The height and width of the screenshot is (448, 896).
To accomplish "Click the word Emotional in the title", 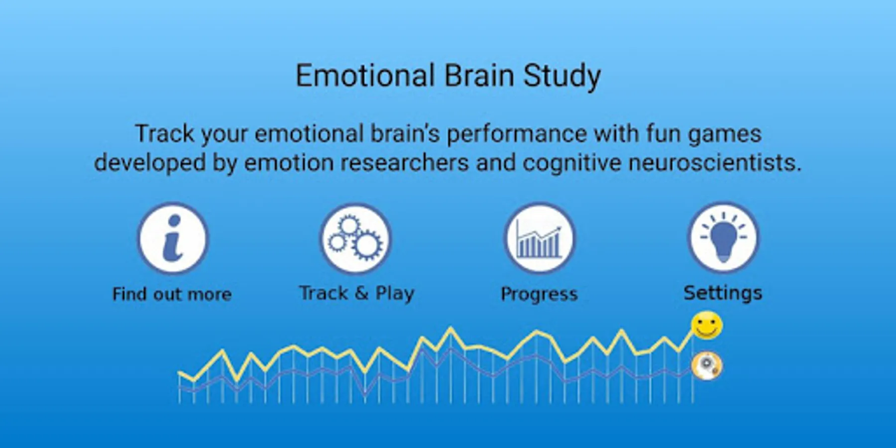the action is tap(365, 76).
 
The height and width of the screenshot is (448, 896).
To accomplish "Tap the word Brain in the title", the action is tap(479, 76).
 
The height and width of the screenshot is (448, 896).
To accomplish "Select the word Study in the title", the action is tap(562, 77).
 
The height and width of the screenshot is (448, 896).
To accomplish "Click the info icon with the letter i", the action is tap(172, 238).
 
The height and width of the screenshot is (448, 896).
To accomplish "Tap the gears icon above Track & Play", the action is tap(355, 238).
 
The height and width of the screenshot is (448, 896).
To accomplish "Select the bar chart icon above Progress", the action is tap(539, 238).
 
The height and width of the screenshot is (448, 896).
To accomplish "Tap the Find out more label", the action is tap(172, 294).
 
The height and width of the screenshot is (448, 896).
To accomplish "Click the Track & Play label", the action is tap(356, 293).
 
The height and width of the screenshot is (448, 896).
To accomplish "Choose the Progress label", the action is tap(539, 294).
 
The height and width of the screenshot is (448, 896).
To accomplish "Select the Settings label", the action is tap(723, 293).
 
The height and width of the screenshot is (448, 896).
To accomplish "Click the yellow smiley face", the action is tap(706, 326).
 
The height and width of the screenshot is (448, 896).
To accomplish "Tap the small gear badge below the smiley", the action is tap(707, 366).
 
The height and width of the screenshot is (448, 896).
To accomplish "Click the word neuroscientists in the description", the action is tap(715, 163).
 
